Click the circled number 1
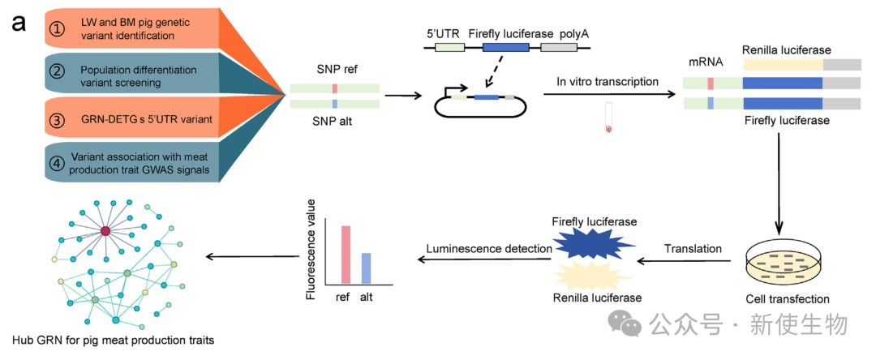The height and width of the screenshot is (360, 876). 57,28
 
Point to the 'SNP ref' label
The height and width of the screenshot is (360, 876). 335,71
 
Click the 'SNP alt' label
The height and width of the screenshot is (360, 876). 334,121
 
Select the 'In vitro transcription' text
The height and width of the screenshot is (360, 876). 608,82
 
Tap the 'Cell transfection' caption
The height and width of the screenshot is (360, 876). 788,299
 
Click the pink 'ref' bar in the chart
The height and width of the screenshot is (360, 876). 345,255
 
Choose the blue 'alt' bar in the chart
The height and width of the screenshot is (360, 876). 366,268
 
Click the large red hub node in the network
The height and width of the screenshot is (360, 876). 105,232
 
